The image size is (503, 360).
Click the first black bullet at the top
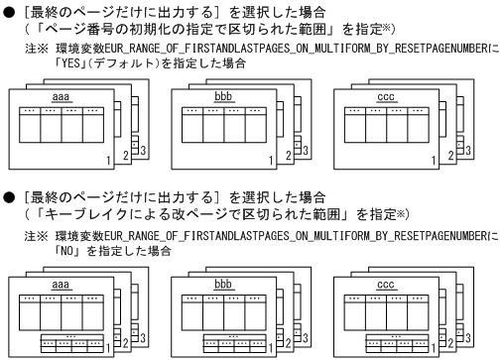[8, 8]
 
